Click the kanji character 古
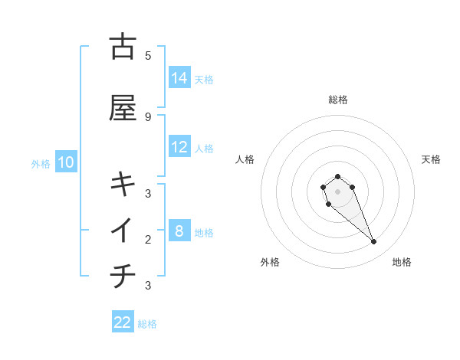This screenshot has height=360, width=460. [x=123, y=47]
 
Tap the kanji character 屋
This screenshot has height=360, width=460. [x=123, y=108]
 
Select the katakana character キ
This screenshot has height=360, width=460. [x=123, y=184]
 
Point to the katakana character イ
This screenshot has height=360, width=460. [x=123, y=230]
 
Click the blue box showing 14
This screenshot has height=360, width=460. [x=179, y=77]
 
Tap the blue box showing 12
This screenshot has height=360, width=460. [x=179, y=147]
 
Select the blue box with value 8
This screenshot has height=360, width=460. [x=179, y=231]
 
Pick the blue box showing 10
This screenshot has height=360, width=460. [x=66, y=162]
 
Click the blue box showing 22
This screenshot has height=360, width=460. [x=123, y=322]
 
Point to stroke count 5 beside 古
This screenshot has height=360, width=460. [x=148, y=55]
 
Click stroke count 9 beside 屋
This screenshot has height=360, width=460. [x=148, y=116]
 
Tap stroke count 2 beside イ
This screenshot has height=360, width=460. [x=148, y=239]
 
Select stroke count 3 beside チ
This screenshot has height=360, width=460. [x=148, y=286]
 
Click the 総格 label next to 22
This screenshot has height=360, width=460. [x=147, y=324]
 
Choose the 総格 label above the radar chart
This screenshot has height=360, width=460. [x=338, y=100]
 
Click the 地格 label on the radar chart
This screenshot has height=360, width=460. [x=402, y=262]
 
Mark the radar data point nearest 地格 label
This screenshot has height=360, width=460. [x=373, y=242]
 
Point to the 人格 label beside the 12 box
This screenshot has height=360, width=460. [x=204, y=148]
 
